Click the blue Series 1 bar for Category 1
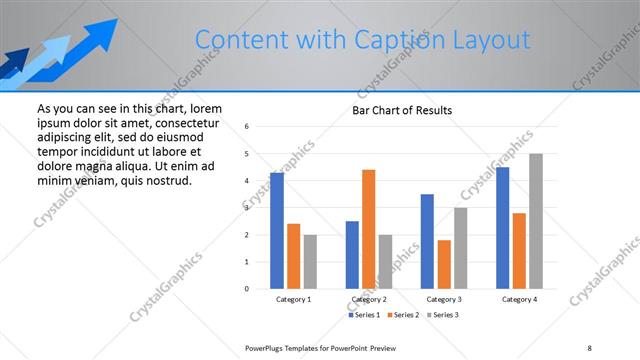pyautogui.click(x=277, y=230)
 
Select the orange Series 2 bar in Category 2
pyautogui.click(x=368, y=229)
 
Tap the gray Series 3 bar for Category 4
pyautogui.click(x=536, y=221)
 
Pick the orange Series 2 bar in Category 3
pyautogui.click(x=444, y=264)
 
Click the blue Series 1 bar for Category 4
pyautogui.click(x=502, y=228)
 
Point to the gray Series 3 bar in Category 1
pyautogui.click(x=310, y=261)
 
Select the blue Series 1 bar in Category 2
pyautogui.click(x=352, y=254)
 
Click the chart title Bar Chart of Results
pyautogui.click(x=402, y=110)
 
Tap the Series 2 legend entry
pyautogui.click(x=404, y=315)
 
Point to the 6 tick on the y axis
pyautogui.click(x=247, y=127)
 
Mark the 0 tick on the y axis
pyautogui.click(x=247, y=289)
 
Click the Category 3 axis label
pyautogui.click(x=443, y=299)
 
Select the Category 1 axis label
pyautogui.click(x=293, y=299)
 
